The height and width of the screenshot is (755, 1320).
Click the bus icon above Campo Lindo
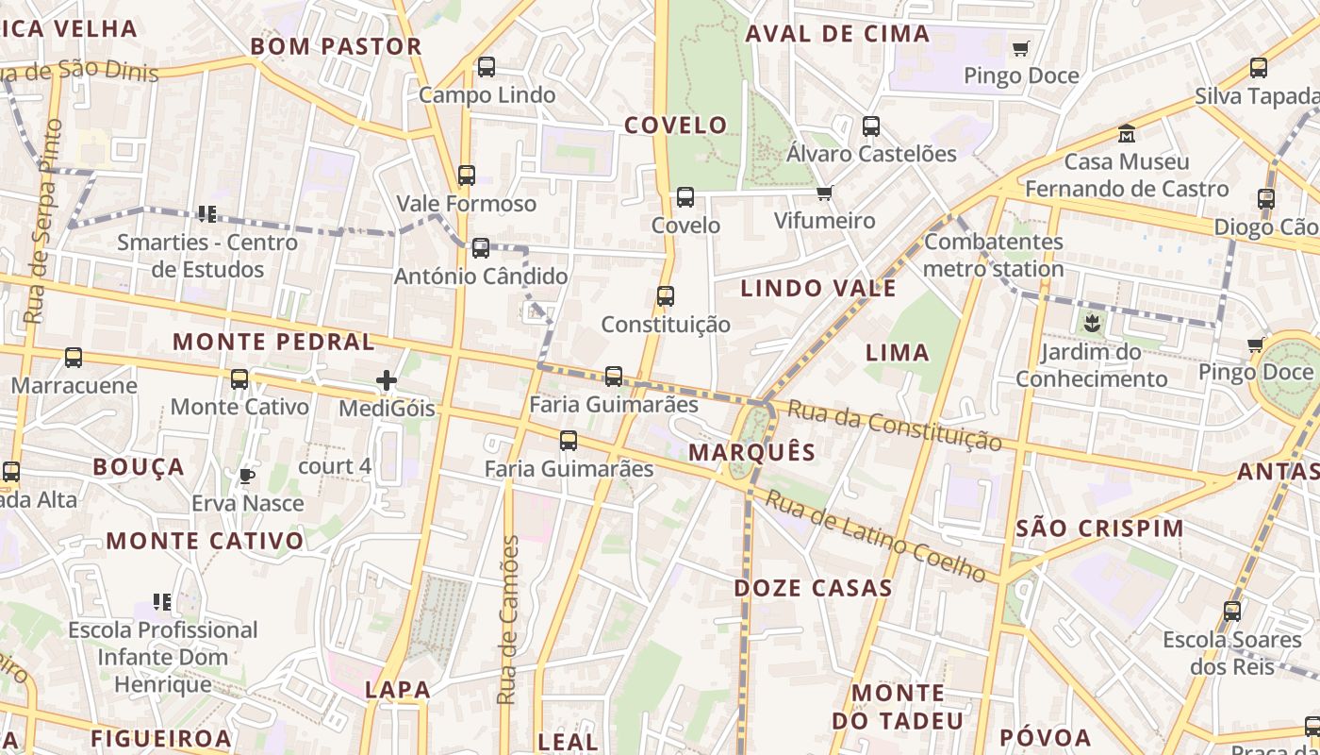click(x=487, y=67)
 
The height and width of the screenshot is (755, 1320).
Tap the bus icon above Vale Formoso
click(x=467, y=176)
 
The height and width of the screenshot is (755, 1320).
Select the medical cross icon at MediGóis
click(x=387, y=380)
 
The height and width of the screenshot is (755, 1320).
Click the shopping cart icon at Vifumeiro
click(x=825, y=193)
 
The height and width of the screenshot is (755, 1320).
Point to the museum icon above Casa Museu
click(x=1127, y=133)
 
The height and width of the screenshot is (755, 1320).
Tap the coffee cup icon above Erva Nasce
click(x=247, y=476)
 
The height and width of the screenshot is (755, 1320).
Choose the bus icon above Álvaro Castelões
click(x=871, y=126)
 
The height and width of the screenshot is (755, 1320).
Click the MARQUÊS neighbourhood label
click(x=751, y=452)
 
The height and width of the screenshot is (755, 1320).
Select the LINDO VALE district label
click(x=818, y=289)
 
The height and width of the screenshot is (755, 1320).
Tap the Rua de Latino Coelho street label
click(x=876, y=536)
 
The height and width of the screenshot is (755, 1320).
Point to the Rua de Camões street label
click(x=508, y=620)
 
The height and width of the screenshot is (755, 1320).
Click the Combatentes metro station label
click(x=994, y=255)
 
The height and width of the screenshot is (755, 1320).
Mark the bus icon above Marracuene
click(x=74, y=358)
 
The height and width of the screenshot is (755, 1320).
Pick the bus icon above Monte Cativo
click(x=239, y=379)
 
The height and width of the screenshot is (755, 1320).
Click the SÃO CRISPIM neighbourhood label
click(x=1099, y=528)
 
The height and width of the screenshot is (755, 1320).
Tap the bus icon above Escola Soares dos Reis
click(x=1232, y=612)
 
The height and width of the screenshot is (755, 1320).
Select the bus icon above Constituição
click(x=666, y=296)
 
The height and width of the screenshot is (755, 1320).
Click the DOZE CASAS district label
click(x=813, y=588)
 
